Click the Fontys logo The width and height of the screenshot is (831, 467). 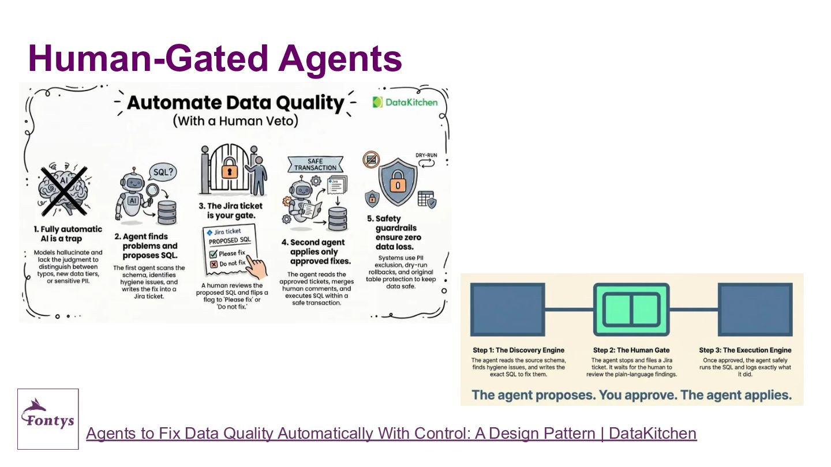click(48, 419)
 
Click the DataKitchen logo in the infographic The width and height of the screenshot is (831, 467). click(405, 102)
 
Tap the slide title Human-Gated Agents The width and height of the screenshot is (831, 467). click(215, 58)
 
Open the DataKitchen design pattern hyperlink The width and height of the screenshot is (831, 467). click(391, 434)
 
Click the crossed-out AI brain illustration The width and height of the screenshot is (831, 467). click(64, 190)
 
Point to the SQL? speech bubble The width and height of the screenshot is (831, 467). click(163, 173)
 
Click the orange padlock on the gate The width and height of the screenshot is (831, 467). click(229, 169)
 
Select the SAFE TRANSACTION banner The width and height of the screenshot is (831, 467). click(315, 164)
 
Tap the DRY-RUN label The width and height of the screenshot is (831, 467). click(426, 155)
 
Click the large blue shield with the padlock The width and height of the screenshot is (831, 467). click(398, 182)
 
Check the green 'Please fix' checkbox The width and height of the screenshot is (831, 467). click(213, 254)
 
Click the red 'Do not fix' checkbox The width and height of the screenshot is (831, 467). click(214, 264)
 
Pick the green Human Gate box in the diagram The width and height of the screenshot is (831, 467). click(631, 310)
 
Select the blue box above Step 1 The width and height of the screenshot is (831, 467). click(507, 310)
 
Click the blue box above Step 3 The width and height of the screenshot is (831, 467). click(755, 310)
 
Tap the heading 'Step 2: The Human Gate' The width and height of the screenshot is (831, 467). click(631, 350)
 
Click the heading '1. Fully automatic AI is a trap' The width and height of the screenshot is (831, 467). click(68, 234)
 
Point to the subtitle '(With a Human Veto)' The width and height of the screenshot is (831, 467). click(235, 121)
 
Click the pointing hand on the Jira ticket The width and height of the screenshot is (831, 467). click(256, 266)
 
